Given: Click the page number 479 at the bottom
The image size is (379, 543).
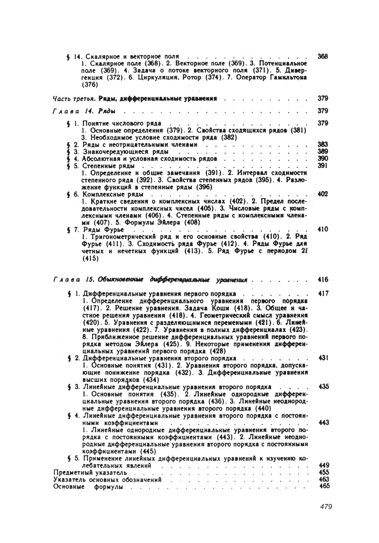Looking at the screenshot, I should [x=326, y=506].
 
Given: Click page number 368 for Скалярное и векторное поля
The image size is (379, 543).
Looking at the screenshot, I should [x=323, y=56].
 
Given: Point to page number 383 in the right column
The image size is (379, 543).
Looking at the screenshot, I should [x=323, y=144].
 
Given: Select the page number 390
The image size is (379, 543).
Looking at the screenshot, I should [x=323, y=159].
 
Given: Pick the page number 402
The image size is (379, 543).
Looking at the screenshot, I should [x=323, y=194].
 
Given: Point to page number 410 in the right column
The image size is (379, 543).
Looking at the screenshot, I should [x=323, y=229].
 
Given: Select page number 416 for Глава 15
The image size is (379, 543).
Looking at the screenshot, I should [x=323, y=280].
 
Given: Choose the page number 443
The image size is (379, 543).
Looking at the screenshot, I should [x=324, y=423].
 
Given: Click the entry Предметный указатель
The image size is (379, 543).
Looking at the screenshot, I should [x=90, y=472].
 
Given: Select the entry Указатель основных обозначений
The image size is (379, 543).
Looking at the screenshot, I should [x=107, y=480].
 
